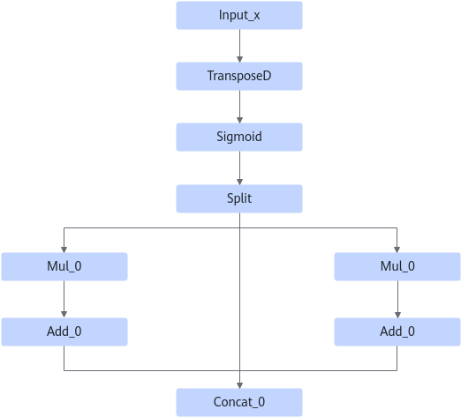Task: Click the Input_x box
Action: pos(239,15)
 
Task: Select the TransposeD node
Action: pos(239,76)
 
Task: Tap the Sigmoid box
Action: pos(239,137)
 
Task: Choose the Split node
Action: pos(239,198)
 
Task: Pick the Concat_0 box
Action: pos(239,402)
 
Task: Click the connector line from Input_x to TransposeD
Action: pos(239,46)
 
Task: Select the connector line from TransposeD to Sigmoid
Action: pos(239,107)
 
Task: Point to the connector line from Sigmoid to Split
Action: pos(239,168)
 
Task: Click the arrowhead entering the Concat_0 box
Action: pos(239,385)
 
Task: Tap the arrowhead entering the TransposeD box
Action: pos(239,59)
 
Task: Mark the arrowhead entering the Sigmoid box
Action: pos(239,120)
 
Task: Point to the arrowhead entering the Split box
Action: pos(239,182)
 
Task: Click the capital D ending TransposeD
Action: pos(268,76)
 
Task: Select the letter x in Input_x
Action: pos(256,16)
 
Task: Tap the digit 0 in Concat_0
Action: pos(261,402)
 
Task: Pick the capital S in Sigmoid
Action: pos(220,137)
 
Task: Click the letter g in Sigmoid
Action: pos(229,138)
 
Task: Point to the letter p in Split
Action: pos(236,199)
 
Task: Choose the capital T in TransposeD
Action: pos(210,76)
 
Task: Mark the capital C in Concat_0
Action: pos(217,402)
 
